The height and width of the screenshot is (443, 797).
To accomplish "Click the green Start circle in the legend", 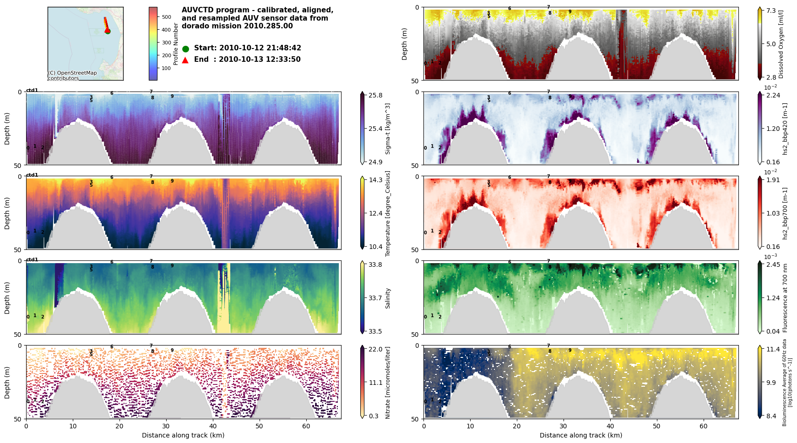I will click(x=185, y=49).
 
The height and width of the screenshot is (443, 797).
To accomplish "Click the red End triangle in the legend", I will click(x=185, y=59).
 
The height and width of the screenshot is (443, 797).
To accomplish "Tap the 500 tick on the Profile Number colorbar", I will click(x=166, y=17).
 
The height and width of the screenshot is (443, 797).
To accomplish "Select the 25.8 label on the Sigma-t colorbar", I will click(x=375, y=95).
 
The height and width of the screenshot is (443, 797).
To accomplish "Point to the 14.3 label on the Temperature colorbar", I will click(x=375, y=180).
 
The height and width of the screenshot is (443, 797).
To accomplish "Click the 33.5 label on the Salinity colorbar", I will click(x=375, y=331).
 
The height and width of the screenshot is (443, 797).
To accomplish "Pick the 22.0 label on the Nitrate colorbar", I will click(x=375, y=349).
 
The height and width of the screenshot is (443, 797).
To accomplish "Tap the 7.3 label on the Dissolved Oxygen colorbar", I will click(x=771, y=11).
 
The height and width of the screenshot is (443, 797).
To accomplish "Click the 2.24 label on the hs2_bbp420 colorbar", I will click(x=773, y=95).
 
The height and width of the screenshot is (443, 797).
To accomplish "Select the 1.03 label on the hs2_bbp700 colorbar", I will click(x=773, y=213).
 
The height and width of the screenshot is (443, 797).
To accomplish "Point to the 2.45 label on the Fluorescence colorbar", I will click(x=773, y=265).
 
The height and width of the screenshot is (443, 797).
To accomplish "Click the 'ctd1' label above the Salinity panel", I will click(x=32, y=259).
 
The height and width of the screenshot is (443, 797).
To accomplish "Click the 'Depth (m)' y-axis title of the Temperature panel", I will click(x=7, y=213).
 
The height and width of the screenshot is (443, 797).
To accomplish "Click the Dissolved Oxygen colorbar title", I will click(x=781, y=44).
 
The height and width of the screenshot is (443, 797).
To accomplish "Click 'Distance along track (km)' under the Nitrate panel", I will click(x=183, y=435).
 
